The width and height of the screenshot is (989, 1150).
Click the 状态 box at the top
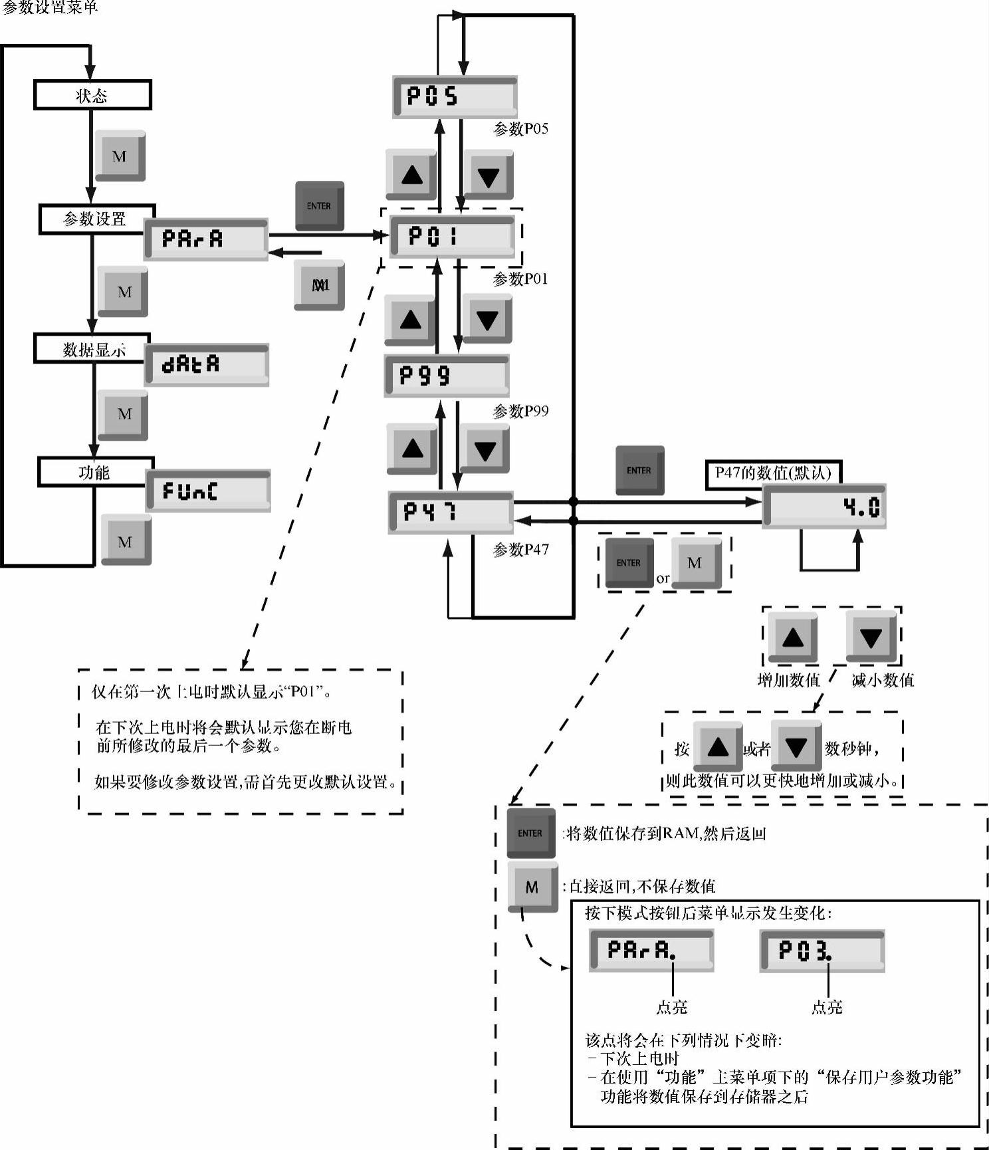[x=92, y=95]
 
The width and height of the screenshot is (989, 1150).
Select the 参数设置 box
[x=96, y=219]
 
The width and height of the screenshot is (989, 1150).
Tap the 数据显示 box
[x=92, y=349]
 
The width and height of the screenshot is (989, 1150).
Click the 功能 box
[x=95, y=472]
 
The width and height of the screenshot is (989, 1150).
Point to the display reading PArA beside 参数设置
[x=206, y=239]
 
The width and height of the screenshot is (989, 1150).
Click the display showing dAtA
[x=207, y=364]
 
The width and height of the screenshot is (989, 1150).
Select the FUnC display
[x=208, y=491]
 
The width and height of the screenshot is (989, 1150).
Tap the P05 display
[x=455, y=97]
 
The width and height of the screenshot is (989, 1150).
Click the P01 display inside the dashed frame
[x=452, y=236]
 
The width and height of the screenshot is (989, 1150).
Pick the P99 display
[x=447, y=376]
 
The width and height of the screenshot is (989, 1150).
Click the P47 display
[x=451, y=512]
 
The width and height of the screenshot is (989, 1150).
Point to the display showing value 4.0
[x=824, y=507]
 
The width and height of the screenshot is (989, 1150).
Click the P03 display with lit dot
[x=822, y=951]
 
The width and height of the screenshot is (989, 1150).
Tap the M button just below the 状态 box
[x=120, y=156]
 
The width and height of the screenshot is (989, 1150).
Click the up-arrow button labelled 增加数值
[x=793, y=637]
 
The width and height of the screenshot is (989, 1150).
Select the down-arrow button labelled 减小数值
[x=871, y=637]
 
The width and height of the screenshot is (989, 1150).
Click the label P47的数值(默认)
[x=773, y=473]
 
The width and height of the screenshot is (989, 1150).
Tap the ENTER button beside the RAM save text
[x=530, y=833]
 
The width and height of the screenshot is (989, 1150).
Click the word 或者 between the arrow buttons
[x=756, y=749]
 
